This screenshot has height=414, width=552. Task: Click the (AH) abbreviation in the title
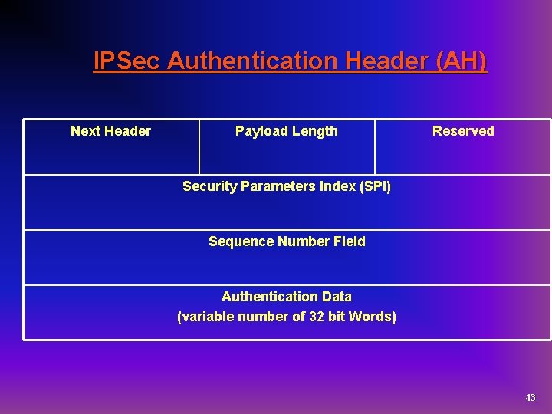click(460, 61)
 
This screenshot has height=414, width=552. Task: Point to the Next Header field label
click(110, 131)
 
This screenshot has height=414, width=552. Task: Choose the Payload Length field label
click(286, 131)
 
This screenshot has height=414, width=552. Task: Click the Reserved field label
click(463, 131)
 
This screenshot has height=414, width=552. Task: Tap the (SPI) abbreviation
click(373, 186)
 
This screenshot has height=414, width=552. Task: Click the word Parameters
click(279, 186)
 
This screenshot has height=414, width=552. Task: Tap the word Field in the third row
click(350, 242)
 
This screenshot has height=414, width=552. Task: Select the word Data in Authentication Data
click(337, 297)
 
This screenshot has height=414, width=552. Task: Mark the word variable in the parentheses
click(205, 317)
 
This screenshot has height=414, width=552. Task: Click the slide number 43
click(531, 398)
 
